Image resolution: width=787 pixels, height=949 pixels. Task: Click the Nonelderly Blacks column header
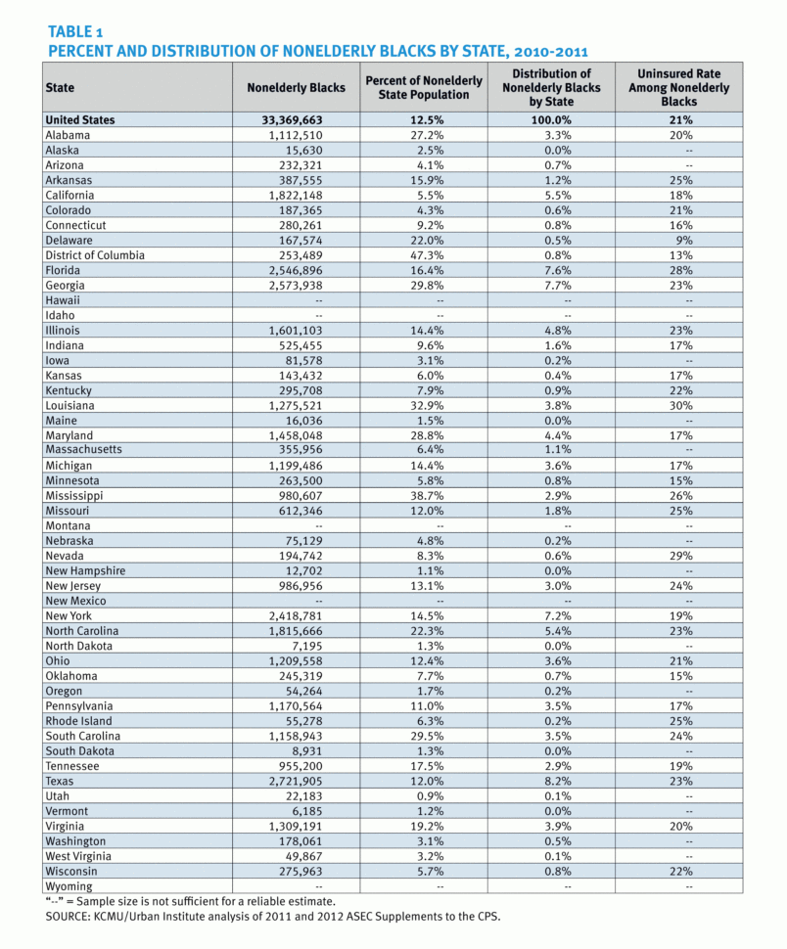pos(296,87)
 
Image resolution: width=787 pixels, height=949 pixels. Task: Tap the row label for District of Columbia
pos(95,255)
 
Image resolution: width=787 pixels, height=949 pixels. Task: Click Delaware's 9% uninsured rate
pos(683,240)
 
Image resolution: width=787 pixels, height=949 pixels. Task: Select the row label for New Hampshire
pos(85,570)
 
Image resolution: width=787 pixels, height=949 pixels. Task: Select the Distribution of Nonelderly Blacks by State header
pos(554,87)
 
